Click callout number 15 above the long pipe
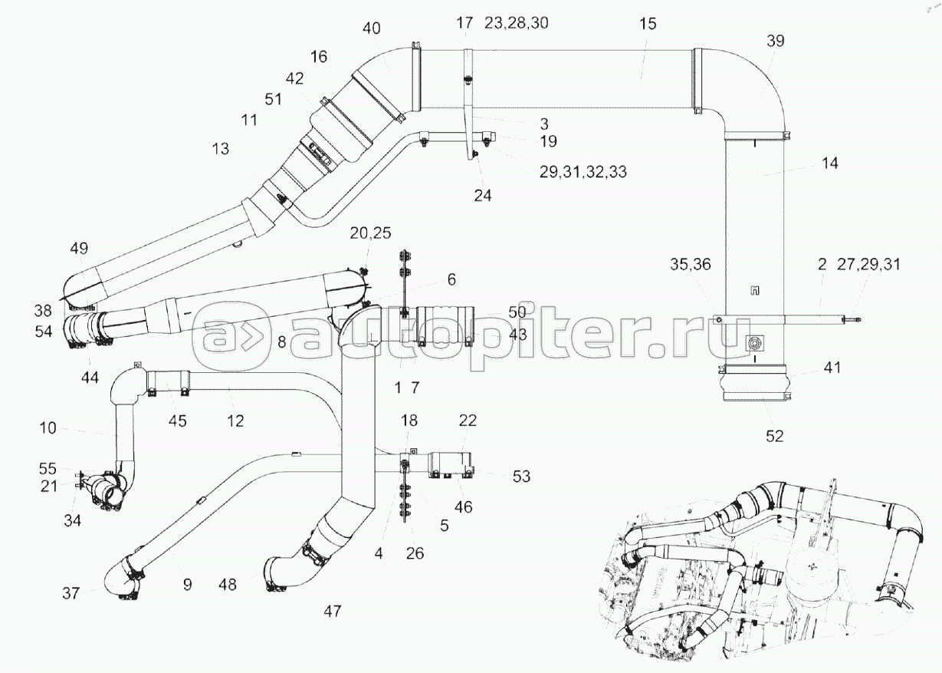point(648,24)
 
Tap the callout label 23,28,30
point(517,23)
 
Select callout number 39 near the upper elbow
point(776,41)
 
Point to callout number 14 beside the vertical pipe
point(830,163)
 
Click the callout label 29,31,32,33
point(583,172)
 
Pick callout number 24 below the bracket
point(483,196)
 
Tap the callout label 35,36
point(691,264)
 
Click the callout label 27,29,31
point(869,264)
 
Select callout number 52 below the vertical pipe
point(775,437)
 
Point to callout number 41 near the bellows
point(832,368)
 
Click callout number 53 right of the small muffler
point(521,477)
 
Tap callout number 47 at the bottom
point(332,611)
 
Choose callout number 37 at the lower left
point(71,593)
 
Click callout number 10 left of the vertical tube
point(48,428)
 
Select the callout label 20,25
point(370,233)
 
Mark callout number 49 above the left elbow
point(79,249)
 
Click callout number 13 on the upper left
point(220,149)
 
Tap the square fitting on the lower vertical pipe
point(754,344)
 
